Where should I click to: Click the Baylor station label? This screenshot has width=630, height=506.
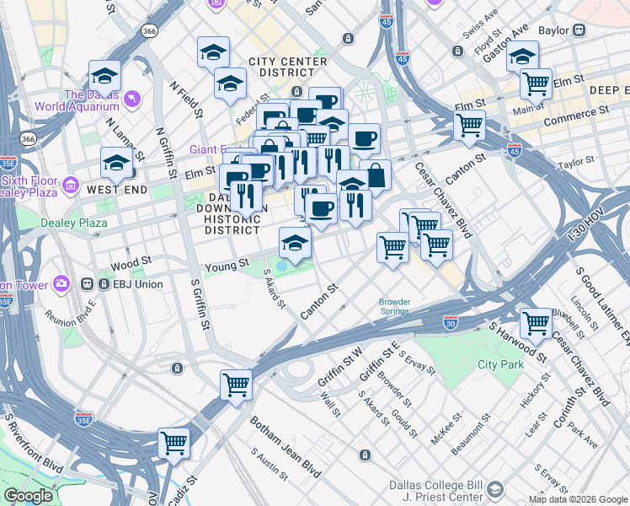[553, 30]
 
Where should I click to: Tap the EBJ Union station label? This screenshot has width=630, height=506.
[137, 284]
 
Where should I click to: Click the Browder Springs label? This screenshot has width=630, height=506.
[393, 306]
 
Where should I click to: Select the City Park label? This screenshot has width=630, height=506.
[500, 364]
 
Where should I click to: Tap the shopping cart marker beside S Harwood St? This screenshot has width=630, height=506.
[536, 322]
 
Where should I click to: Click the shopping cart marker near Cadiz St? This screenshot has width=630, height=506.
[174, 442]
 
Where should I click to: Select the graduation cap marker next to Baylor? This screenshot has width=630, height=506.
[522, 56]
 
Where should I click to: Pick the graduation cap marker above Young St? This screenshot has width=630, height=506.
[294, 243]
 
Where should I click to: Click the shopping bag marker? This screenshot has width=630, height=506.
[376, 175]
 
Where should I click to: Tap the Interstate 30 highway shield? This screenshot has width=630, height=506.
[451, 322]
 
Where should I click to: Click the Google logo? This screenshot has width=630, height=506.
[29, 497]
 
